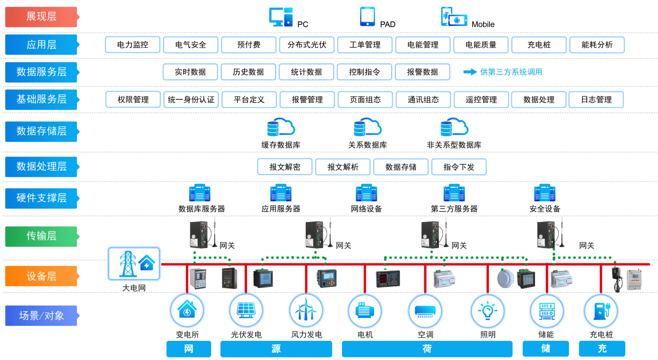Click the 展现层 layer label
point(41,17)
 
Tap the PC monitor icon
point(281,17)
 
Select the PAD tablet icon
point(367,17)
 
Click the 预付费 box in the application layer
point(249,45)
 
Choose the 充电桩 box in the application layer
point(539,45)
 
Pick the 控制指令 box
point(364,72)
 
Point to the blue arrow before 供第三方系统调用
point(470,72)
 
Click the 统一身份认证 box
point(191,100)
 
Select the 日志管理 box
point(596,100)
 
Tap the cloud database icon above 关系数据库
point(367,127)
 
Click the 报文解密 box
point(284,167)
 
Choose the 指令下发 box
point(459,167)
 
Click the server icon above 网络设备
point(366,193)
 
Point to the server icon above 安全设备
point(545,193)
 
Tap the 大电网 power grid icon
point(134,264)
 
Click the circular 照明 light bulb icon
point(487,311)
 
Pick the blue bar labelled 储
point(545,349)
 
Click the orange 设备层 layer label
point(41,276)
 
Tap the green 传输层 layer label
point(41,236)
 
